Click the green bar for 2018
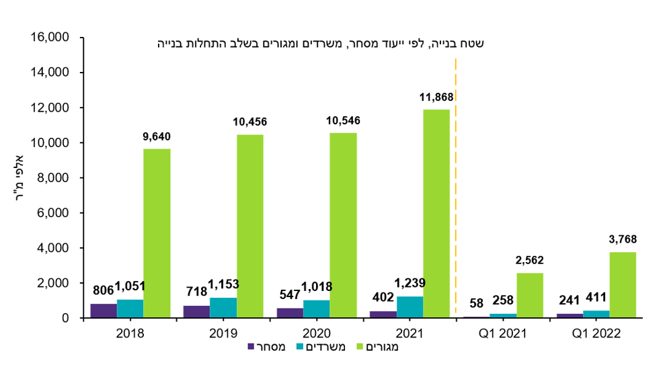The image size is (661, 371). click(157, 233)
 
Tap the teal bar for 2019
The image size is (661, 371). click(223, 307)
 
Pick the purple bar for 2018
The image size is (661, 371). click(104, 311)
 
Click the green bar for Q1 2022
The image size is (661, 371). click(623, 284)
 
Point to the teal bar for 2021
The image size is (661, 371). click(410, 306)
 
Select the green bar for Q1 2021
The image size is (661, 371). click(530, 295)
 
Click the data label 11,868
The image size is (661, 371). click(436, 97)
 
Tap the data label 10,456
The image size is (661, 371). click(250, 122)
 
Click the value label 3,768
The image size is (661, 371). click(622, 239)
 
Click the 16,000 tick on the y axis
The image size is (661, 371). click(51, 38)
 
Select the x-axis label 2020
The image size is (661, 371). click(316, 333)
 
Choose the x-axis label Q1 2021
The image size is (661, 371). click(503, 333)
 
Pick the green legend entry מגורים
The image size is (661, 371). click(380, 347)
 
